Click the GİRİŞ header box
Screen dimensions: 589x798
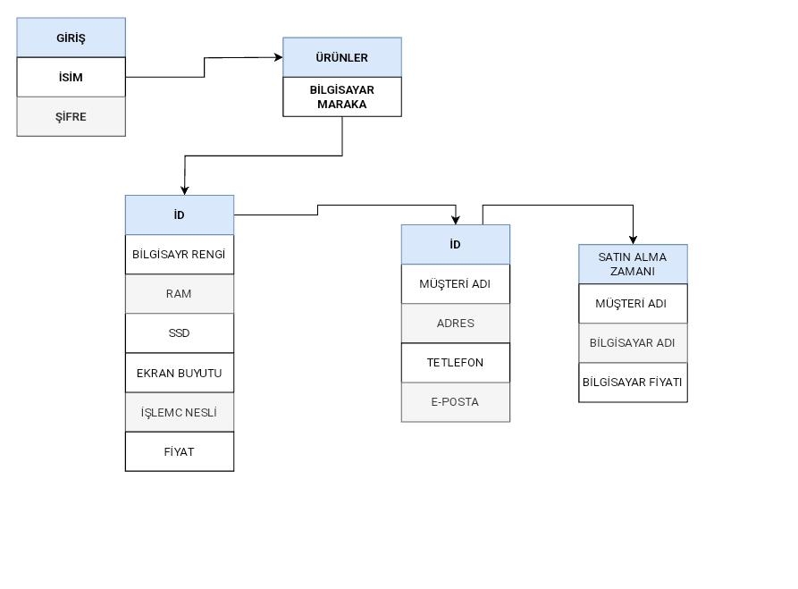pyautogui.click(x=71, y=38)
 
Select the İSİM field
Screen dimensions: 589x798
pyautogui.click(x=71, y=77)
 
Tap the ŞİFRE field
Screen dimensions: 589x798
pyautogui.click(x=71, y=116)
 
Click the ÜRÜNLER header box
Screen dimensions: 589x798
pyautogui.click(x=341, y=57)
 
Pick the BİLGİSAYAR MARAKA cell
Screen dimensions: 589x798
pyautogui.click(x=341, y=97)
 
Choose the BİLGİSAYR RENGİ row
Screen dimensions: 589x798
pyautogui.click(x=179, y=254)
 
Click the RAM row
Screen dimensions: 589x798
pyautogui.click(x=179, y=293)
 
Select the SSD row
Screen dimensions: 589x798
pyautogui.click(x=179, y=332)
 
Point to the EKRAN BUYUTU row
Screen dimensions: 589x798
pyautogui.click(x=179, y=373)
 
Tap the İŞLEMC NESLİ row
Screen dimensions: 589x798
pyautogui.click(x=179, y=412)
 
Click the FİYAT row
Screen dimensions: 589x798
pyautogui.click(x=179, y=451)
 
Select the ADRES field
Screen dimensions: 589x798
pyautogui.click(x=455, y=323)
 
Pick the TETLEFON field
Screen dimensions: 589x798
pyautogui.click(x=455, y=362)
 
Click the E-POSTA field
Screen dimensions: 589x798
pyautogui.click(x=455, y=401)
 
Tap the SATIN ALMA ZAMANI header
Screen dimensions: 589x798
pyautogui.click(x=633, y=264)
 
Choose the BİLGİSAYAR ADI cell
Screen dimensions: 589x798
pyautogui.click(x=633, y=342)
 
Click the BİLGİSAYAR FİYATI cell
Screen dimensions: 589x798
pyautogui.click(x=633, y=382)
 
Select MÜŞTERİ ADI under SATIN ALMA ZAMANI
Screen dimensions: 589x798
pyautogui.click(x=633, y=303)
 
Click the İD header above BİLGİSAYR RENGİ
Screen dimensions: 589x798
pyautogui.click(x=179, y=215)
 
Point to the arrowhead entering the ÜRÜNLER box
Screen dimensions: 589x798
pyautogui.click(x=278, y=57)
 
